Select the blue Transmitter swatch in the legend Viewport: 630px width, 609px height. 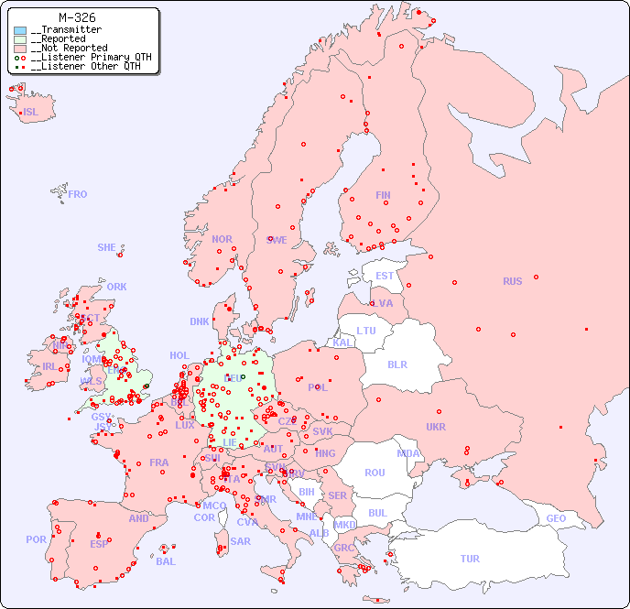[x=20, y=30]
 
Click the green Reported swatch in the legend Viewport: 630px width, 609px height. [x=20, y=39]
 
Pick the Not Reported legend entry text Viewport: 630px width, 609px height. [x=69, y=49]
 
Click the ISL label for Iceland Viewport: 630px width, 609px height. [x=31, y=113]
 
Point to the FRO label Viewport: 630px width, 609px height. [x=78, y=194]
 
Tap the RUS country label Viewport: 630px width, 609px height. [x=512, y=281]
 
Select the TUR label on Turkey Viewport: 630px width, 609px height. [x=470, y=559]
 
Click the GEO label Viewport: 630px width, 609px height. [x=556, y=518]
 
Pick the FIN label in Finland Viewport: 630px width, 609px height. [x=383, y=195]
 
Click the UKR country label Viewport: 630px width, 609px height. [x=436, y=427]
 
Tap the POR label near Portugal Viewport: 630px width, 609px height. [x=36, y=539]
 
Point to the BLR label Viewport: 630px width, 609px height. [x=397, y=364]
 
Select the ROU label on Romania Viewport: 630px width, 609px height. [x=375, y=473]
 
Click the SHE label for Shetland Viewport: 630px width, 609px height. [x=107, y=247]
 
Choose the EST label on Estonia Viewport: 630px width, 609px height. [x=385, y=276]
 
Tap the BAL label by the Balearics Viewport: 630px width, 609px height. [x=166, y=561]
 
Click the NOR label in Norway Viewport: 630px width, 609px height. [x=222, y=239]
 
